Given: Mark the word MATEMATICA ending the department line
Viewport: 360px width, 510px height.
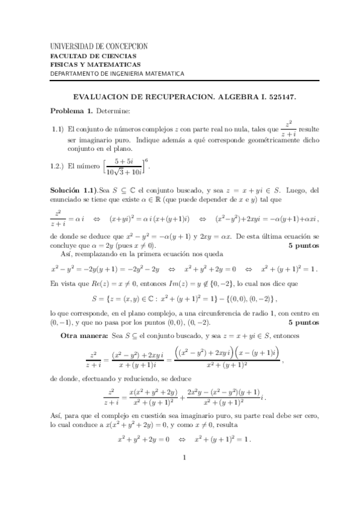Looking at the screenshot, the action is (162, 74).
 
